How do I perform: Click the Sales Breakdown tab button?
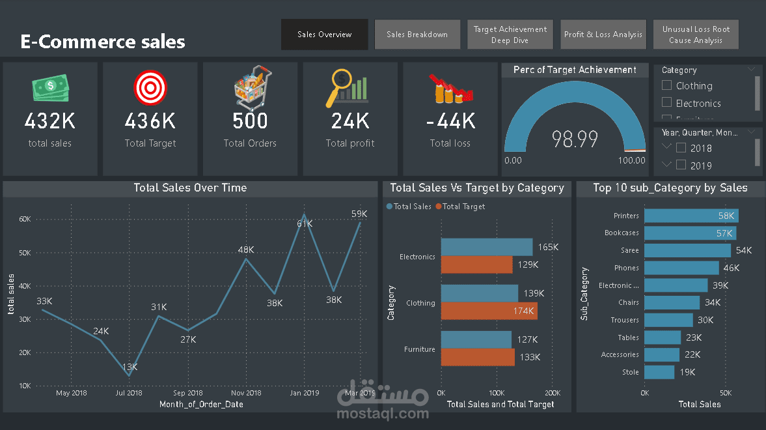coord(417,35)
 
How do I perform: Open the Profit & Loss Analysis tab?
coord(603,35)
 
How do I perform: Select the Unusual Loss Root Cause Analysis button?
coord(696,35)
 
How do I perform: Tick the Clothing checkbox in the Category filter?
coord(666,85)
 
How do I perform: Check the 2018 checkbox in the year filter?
coord(681,148)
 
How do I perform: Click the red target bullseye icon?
coord(150,87)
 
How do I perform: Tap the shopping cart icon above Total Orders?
coord(252,87)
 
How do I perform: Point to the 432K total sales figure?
coord(50,121)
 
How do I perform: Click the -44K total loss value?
coord(450,121)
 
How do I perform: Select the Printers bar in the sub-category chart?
coord(691,216)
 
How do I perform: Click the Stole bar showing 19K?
coord(659,372)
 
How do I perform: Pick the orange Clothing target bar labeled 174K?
coord(489,311)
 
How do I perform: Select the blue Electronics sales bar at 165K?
coord(486,247)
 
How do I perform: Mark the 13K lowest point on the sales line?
coord(129,375)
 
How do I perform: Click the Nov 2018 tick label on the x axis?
coord(246,393)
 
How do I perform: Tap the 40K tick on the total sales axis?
coord(25,286)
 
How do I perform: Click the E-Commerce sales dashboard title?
coord(103,42)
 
